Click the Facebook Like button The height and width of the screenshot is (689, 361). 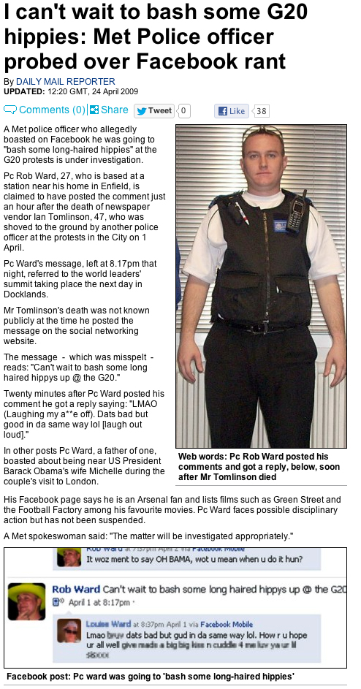pyautogui.click(x=232, y=111)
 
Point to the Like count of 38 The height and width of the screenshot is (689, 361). pyautogui.click(x=261, y=111)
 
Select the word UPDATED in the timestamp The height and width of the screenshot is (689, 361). pyautogui.click(x=25, y=91)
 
